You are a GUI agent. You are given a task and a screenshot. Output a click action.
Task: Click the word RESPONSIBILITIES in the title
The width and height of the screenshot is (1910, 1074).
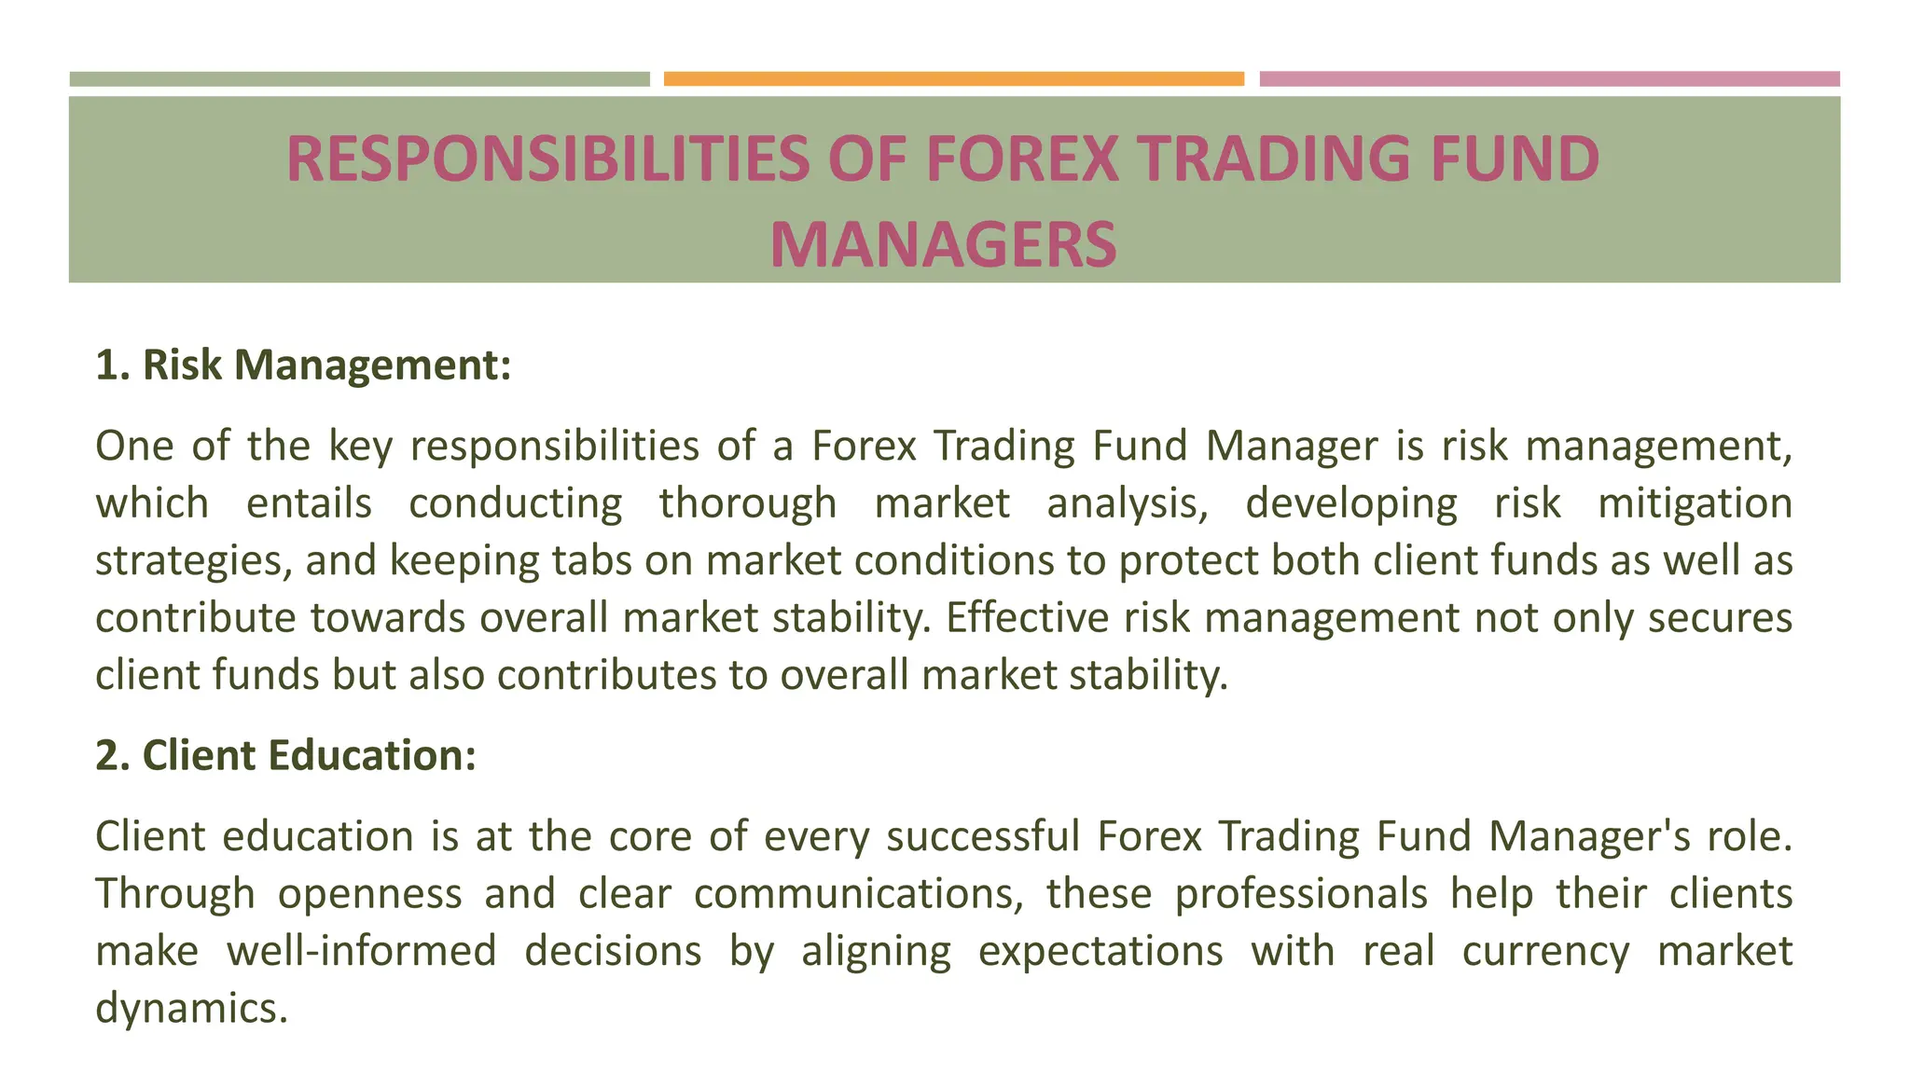(x=548, y=158)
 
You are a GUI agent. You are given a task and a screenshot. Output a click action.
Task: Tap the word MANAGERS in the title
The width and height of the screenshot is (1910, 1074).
(x=943, y=244)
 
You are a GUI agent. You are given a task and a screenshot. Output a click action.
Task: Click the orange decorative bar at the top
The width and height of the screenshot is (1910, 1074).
(x=953, y=79)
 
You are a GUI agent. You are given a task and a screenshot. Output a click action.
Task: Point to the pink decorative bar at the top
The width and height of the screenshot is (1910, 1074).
(x=1549, y=79)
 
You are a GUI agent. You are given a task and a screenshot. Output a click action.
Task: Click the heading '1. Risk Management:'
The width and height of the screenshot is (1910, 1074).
(x=303, y=365)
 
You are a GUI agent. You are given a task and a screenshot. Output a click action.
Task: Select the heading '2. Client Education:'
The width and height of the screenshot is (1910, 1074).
(x=285, y=755)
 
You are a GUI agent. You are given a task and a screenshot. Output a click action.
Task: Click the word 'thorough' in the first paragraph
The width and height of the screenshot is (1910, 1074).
(x=748, y=503)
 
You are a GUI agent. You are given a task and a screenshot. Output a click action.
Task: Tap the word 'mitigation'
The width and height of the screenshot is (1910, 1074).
(x=1695, y=503)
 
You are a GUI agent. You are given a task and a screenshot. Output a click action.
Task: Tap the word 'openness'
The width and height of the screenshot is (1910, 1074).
(x=369, y=894)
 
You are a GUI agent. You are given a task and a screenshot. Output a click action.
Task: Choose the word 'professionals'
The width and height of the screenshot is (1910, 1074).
(x=1300, y=894)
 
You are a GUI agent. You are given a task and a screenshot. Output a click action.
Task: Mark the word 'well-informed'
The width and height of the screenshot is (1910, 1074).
(x=362, y=952)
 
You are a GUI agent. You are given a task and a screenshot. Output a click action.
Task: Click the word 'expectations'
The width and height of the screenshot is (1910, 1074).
(x=1100, y=952)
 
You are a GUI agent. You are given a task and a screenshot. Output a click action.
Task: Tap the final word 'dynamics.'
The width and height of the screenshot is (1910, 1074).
(x=191, y=1009)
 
